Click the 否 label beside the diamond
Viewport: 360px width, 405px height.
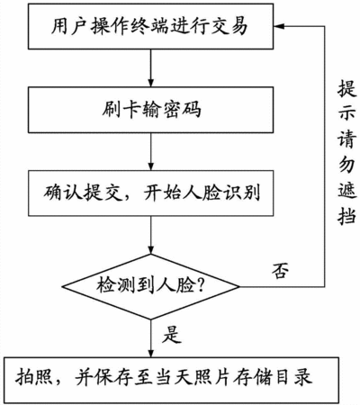pos(280,271)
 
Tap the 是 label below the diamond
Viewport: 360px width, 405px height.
pos(172,334)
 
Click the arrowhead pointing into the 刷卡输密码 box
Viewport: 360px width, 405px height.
pos(151,82)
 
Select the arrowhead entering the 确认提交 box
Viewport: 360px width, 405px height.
pos(151,166)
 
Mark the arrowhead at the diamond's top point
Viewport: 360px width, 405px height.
pos(151,249)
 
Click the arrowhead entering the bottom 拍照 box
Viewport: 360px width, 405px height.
pos(151,352)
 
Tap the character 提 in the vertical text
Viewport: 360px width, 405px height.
pos(347,88)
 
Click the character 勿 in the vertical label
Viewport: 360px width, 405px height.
pos(347,165)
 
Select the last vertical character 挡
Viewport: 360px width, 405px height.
pos(347,215)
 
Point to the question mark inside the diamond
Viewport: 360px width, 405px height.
pos(200,285)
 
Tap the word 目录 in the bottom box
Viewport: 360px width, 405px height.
pos(294,377)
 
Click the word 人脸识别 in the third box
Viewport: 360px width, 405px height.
pos(221,193)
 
